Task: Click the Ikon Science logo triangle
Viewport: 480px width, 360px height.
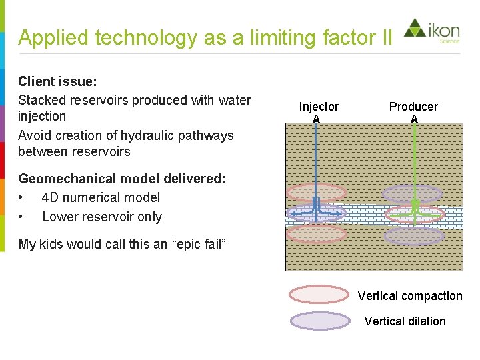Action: [414, 28]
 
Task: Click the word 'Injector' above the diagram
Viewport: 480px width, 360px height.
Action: [319, 107]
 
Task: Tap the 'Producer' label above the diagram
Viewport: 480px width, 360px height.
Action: [413, 107]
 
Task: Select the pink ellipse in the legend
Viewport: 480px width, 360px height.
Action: [319, 295]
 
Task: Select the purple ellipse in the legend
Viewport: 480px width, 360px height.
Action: [320, 321]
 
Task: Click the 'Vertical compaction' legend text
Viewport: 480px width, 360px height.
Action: [410, 296]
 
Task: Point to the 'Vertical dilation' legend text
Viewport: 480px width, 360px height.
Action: [405, 321]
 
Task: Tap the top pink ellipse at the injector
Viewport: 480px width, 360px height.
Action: [316, 192]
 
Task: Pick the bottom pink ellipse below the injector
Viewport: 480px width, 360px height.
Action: [316, 233]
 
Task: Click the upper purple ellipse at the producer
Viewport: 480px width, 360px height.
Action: [412, 194]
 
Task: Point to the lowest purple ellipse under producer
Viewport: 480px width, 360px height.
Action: [414, 235]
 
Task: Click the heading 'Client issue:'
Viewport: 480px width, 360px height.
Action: [58, 81]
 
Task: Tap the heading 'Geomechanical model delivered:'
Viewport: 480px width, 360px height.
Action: [122, 179]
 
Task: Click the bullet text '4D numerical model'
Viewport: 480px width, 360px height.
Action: [101, 197]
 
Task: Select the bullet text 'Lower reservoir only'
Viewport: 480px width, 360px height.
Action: [102, 217]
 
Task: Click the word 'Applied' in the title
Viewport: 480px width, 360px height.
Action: [54, 37]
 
